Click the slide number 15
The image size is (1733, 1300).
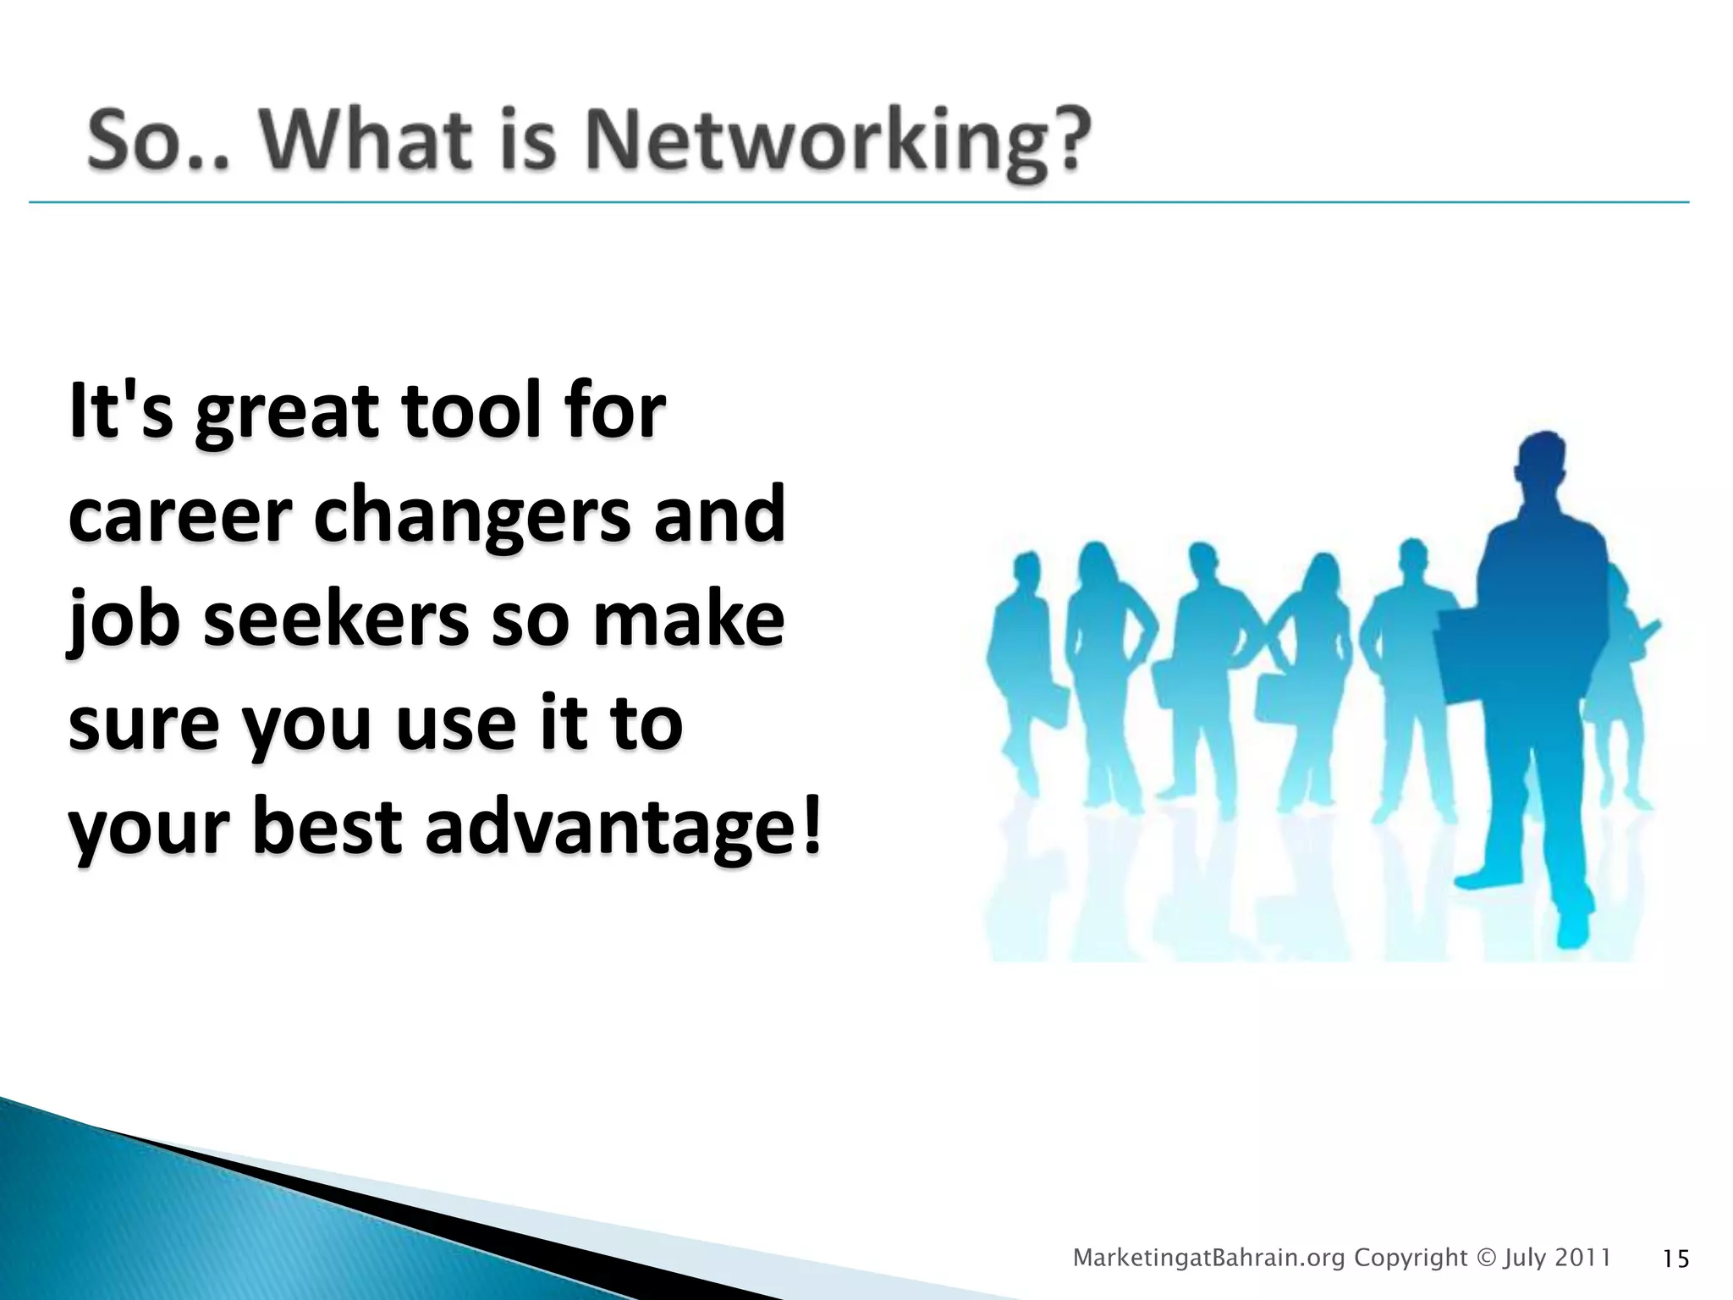[x=1675, y=1259]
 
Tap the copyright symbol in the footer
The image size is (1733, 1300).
[x=1486, y=1258]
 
